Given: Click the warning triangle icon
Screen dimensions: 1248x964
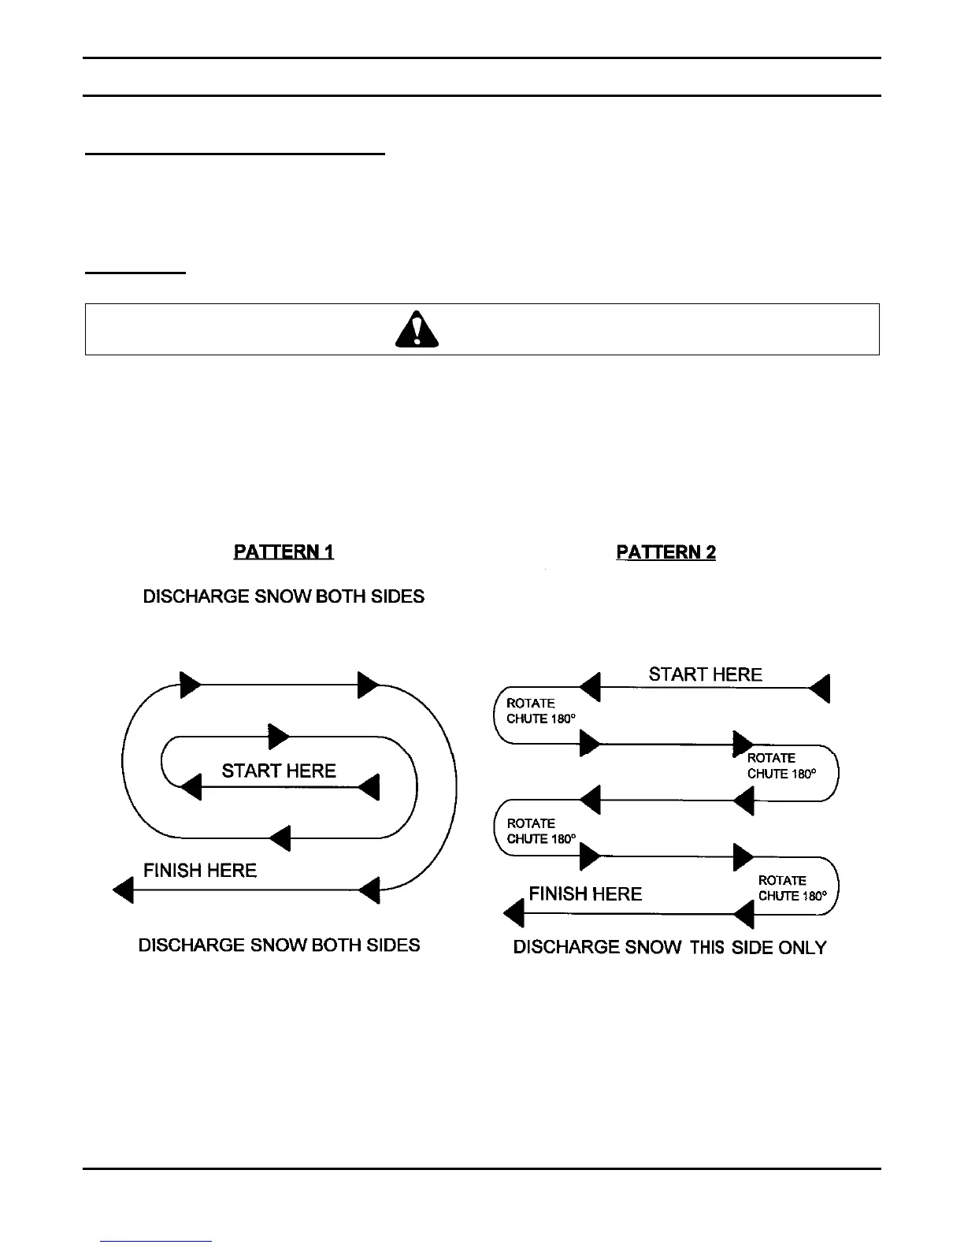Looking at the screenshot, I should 417,329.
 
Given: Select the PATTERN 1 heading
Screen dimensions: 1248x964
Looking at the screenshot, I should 284,552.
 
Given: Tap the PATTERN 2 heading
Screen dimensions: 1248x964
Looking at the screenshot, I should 666,552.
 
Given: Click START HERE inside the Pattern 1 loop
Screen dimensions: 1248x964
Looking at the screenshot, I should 279,771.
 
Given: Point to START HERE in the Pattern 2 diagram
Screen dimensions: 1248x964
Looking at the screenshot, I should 705,674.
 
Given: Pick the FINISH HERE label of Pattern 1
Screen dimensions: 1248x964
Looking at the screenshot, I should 200,871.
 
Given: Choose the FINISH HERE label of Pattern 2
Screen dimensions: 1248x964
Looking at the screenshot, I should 585,893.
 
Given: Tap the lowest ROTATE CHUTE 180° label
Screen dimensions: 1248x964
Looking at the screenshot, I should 792,888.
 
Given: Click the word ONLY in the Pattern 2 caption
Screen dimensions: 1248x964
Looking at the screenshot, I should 802,948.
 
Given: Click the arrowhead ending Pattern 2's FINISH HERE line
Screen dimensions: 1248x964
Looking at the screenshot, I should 514,914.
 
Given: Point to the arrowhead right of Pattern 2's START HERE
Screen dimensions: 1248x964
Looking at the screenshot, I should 820,688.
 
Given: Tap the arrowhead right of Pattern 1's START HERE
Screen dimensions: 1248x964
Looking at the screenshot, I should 369,786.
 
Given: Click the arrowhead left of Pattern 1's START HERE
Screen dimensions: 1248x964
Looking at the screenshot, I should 191,786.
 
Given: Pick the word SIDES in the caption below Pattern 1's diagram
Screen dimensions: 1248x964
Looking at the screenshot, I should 394,945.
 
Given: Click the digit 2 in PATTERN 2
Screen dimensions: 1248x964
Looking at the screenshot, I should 710,552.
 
